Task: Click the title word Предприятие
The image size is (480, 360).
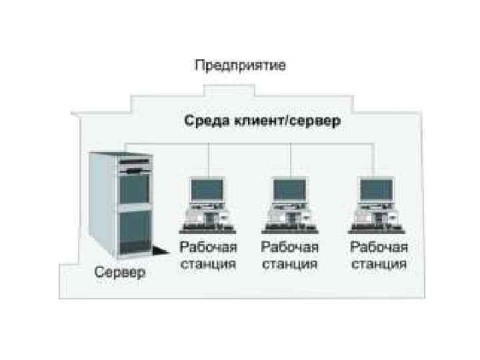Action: point(240,65)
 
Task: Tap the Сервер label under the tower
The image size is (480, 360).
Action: point(119,273)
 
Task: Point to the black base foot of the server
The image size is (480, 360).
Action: point(160,252)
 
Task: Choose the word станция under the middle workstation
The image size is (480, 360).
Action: point(290,263)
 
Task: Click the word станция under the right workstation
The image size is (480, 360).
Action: point(379,263)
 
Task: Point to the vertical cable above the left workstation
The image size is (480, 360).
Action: point(210,160)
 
